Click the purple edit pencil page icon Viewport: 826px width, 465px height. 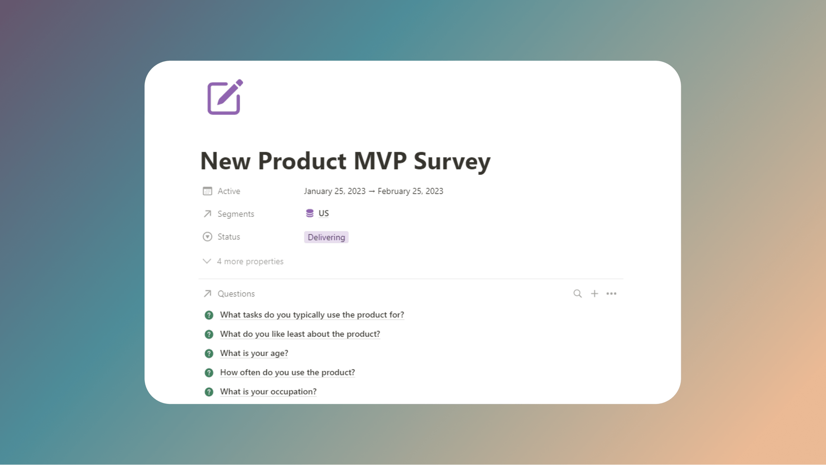225,97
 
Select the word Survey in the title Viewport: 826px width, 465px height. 452,161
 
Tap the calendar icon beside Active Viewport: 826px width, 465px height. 207,191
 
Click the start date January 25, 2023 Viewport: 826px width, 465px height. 335,191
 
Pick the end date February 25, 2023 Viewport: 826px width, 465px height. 410,191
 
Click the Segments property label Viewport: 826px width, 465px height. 235,214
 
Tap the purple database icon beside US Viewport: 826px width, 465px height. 309,213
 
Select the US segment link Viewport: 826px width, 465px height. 323,213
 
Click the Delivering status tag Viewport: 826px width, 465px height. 326,237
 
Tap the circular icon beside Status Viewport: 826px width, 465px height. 207,237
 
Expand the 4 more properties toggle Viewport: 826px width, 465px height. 243,261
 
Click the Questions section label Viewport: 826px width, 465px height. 236,294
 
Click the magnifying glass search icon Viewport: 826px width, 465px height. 577,294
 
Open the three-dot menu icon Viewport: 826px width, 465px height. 611,294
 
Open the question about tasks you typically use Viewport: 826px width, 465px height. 312,315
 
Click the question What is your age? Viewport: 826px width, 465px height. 254,353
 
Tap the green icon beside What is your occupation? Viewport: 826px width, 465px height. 209,392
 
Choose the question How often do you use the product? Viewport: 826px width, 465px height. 287,372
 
